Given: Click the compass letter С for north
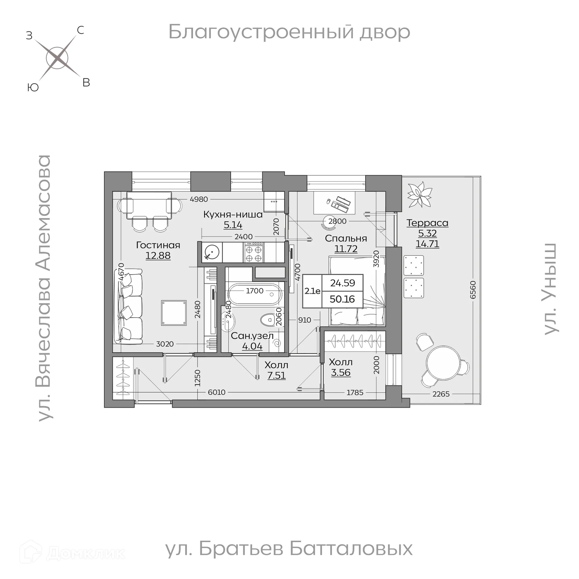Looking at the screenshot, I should click(x=80, y=30).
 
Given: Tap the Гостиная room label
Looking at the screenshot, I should click(x=158, y=245).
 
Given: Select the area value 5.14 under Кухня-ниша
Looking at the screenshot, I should click(x=233, y=225).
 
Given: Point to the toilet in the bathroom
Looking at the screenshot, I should click(x=267, y=320).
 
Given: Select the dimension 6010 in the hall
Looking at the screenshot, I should click(x=217, y=392).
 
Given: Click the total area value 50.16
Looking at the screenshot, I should click(x=342, y=299).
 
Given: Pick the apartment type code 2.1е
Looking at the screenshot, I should click(x=312, y=291).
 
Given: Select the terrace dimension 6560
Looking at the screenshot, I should click(x=473, y=290).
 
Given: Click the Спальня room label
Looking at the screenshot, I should click(x=346, y=239).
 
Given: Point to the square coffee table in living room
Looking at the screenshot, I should click(x=174, y=313).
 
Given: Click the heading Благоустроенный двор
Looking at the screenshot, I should click(x=289, y=32).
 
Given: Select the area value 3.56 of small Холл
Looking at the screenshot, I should click(x=340, y=372).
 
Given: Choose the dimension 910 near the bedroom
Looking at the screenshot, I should click(x=304, y=320).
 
